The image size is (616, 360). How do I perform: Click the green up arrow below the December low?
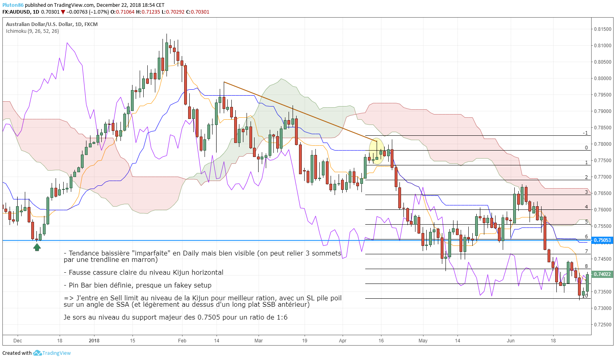[x=37, y=247]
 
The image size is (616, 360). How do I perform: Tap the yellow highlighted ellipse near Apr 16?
[x=376, y=151]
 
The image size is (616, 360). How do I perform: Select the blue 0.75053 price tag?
[x=602, y=240]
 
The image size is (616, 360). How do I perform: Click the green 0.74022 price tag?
[x=602, y=274]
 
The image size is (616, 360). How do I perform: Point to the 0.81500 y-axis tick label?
[x=602, y=29]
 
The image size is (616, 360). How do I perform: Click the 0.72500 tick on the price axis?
[x=602, y=325]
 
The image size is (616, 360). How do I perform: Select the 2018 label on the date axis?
[x=94, y=341]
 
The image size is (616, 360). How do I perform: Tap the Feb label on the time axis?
[x=182, y=341]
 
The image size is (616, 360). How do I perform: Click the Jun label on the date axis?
[x=511, y=341]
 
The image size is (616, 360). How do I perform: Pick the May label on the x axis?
[x=423, y=341]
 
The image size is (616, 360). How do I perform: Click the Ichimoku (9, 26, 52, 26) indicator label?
[x=32, y=31]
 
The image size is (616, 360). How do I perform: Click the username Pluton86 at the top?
[x=13, y=5]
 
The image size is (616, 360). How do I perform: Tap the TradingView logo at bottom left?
[x=52, y=353]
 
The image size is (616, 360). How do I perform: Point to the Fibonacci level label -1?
[x=585, y=133]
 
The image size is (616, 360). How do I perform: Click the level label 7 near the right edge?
[x=586, y=251]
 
